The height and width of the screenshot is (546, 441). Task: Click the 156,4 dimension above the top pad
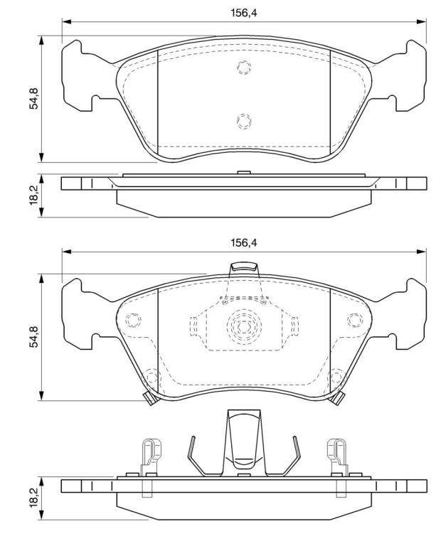(243, 13)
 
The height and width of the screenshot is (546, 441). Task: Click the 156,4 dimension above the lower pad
(243, 242)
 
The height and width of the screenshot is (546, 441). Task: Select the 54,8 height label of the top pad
(34, 99)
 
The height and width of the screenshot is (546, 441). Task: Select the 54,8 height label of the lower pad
(34, 337)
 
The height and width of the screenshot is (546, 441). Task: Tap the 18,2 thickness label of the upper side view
(34, 195)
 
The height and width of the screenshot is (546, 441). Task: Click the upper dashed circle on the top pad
(244, 67)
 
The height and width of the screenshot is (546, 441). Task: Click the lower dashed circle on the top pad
(244, 121)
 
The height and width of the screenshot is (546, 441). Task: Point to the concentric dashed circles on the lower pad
(244, 326)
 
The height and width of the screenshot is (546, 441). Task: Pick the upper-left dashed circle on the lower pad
(133, 320)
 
